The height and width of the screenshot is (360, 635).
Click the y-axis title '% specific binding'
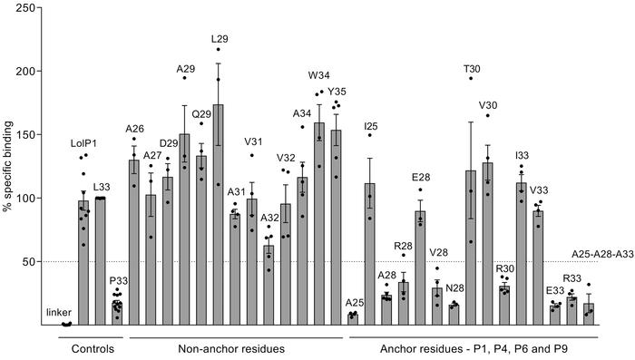click(x=10, y=166)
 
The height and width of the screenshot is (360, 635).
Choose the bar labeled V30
click(x=487, y=244)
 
